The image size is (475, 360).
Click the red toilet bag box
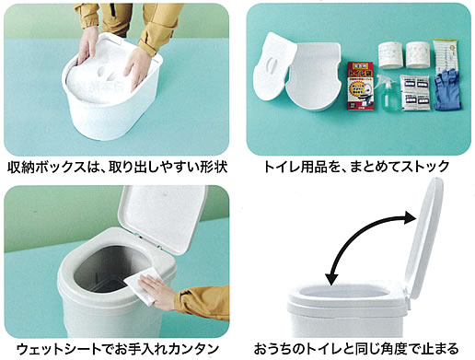click(x=360, y=86)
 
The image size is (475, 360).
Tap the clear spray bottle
click(x=388, y=93)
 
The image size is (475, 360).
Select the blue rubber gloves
click(x=448, y=89)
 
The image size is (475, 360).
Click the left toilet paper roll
click(x=389, y=54)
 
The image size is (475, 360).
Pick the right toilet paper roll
click(x=418, y=54)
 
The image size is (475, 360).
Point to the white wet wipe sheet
click(x=141, y=286)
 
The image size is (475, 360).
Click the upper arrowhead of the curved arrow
click(x=411, y=217)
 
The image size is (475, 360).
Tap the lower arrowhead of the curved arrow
click(x=331, y=279)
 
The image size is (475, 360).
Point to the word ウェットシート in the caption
click(x=59, y=349)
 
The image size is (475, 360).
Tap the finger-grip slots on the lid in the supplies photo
click(x=272, y=65)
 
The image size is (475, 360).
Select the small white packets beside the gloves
click(x=415, y=93)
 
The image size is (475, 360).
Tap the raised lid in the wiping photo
click(x=162, y=218)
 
